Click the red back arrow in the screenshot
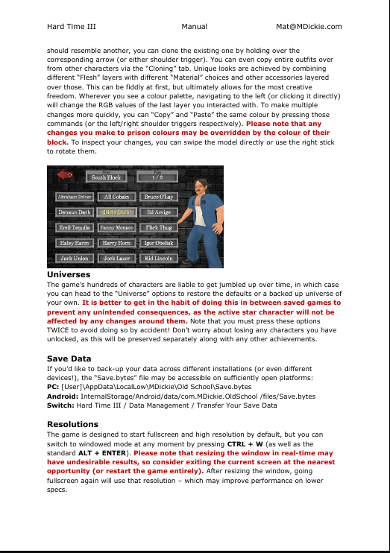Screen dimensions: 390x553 65,174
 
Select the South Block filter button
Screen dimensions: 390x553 106,177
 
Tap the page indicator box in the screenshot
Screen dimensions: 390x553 157,177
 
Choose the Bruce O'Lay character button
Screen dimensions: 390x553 159,197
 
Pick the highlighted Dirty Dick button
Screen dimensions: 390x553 116,212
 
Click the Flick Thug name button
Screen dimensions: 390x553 159,227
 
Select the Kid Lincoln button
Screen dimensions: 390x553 159,258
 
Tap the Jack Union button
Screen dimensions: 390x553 74,258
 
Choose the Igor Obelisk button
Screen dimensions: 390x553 159,243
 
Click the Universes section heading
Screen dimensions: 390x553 69,274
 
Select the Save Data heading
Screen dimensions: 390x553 69,358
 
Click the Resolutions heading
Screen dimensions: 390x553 72,424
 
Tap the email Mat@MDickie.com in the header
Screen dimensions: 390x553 309,26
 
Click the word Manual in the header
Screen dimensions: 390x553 194,26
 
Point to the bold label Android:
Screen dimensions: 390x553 63,396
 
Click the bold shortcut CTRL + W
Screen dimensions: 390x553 245,444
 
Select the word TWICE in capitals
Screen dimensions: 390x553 58,330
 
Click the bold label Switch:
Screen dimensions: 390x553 60,405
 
